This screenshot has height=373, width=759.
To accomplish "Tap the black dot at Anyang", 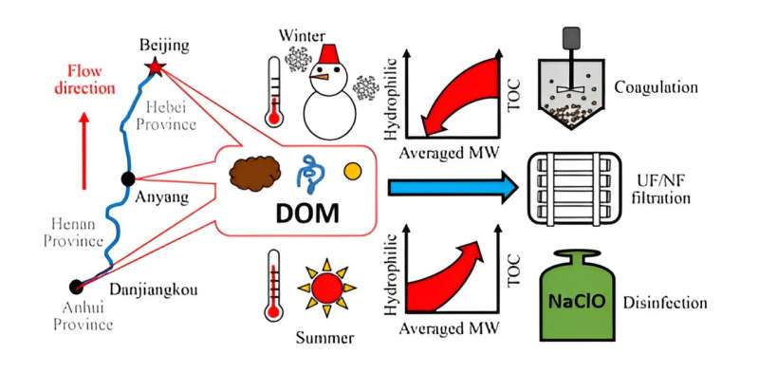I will tap(128, 178).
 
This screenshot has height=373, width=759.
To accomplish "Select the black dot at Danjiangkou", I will tap(76, 286).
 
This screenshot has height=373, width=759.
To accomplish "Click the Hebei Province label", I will tap(166, 114).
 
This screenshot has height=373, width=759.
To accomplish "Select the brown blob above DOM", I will tap(255, 174).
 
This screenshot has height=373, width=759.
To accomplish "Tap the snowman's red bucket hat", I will tap(329, 55).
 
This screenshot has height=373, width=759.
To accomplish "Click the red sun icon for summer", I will tap(325, 284).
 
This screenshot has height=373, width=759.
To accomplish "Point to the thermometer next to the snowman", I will tap(276, 92).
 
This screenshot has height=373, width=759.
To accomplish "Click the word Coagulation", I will tap(656, 87).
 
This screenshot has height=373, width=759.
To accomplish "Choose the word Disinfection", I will tap(665, 303).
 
